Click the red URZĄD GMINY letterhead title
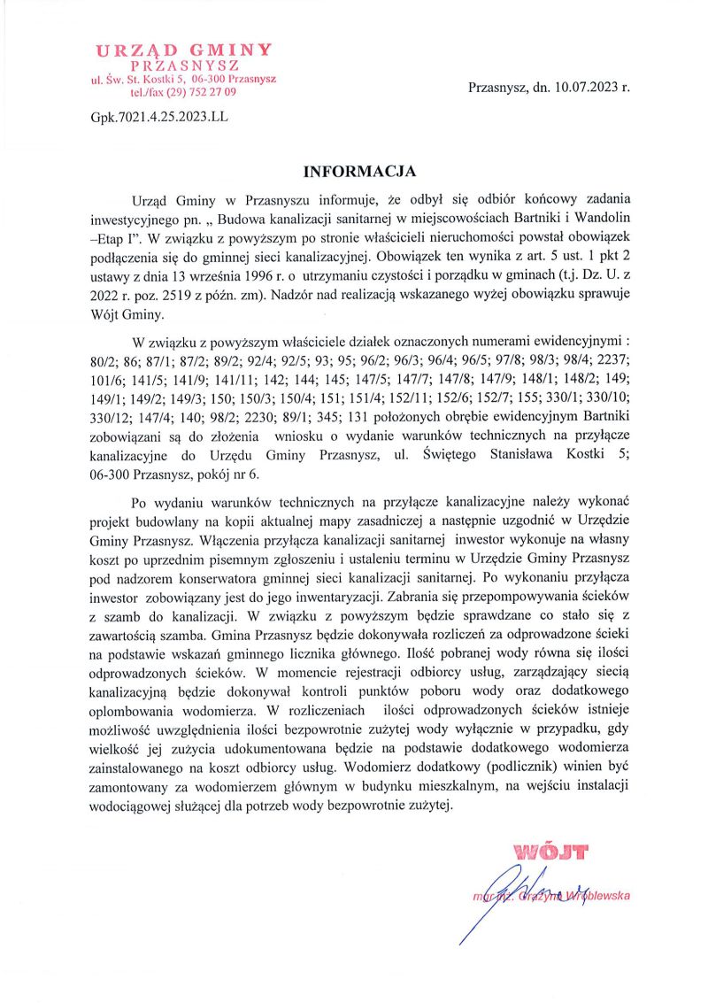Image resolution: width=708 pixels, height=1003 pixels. click(x=184, y=50)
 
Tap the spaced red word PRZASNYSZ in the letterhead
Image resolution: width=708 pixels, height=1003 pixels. click(x=184, y=66)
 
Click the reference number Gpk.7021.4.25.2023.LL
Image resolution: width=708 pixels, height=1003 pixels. click(x=158, y=116)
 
